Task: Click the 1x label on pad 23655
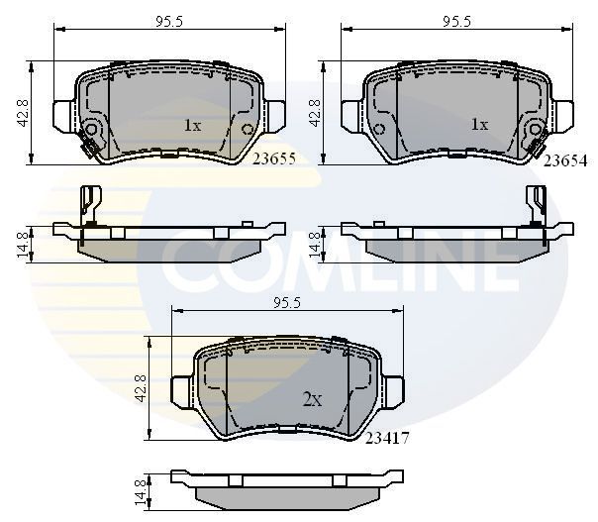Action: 192,126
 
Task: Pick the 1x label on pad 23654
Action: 479,126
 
